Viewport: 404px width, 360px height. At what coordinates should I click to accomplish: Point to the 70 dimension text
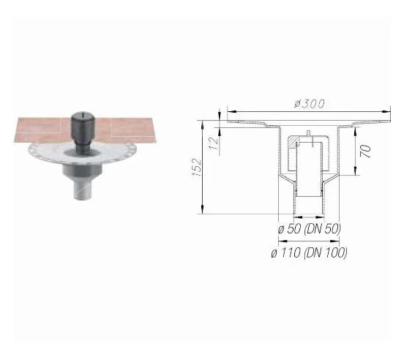tap(365, 152)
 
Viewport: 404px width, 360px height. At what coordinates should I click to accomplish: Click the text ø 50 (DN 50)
tap(309, 229)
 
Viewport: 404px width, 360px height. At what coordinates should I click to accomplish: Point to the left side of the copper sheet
tap(33, 133)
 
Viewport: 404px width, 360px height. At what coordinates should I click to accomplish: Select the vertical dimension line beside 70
tap(358, 152)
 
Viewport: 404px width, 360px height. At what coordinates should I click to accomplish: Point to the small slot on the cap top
tap(82, 115)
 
